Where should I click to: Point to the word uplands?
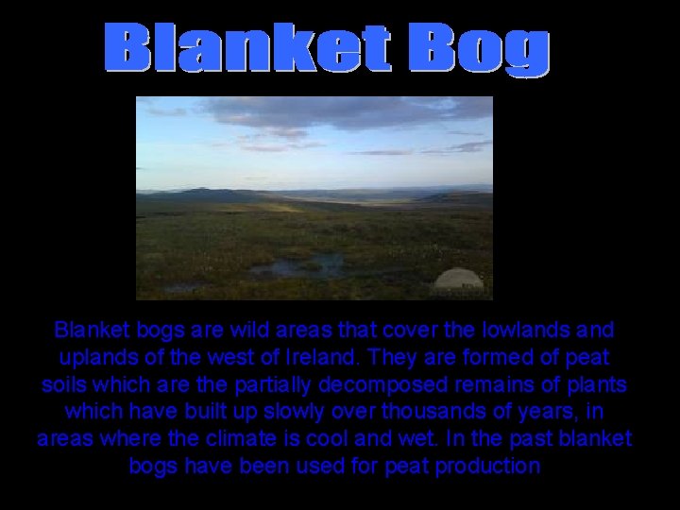(x=103, y=359)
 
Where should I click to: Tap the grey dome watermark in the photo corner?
(x=459, y=280)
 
